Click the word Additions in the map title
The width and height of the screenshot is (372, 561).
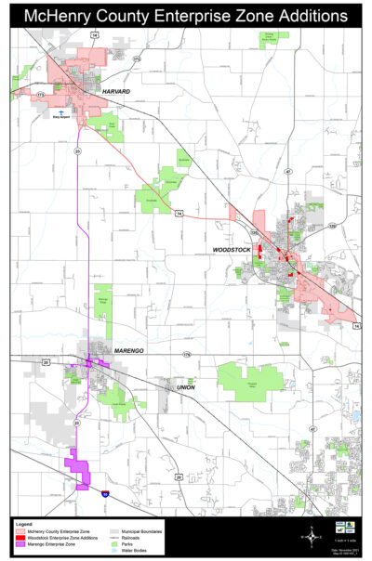(304, 16)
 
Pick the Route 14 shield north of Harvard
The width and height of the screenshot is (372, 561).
(94, 33)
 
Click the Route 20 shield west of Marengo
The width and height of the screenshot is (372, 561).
(45, 362)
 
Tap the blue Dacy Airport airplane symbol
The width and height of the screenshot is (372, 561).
(61, 109)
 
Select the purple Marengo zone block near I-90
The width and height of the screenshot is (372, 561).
(76, 467)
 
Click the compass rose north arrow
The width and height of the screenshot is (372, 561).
(310, 534)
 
